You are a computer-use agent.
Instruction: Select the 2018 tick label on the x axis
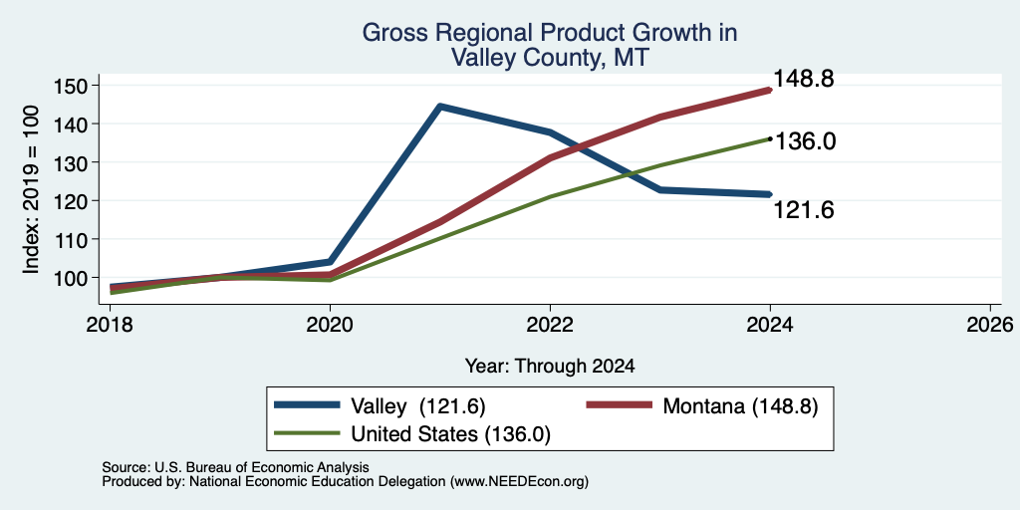(110, 324)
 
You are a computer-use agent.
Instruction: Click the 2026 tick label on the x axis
(989, 324)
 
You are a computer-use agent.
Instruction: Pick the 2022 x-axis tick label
(550, 324)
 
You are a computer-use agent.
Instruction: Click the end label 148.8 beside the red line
(804, 79)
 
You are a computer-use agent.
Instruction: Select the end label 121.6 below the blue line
(804, 210)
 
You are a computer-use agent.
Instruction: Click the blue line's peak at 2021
(440, 106)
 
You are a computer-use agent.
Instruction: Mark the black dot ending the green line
(770, 138)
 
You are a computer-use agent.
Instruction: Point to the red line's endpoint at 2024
(770, 91)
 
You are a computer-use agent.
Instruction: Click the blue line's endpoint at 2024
(770, 194)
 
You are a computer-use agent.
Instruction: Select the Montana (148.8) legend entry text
(740, 406)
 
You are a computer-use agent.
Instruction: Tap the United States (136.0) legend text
(451, 434)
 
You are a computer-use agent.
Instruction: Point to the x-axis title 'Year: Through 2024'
(550, 367)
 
